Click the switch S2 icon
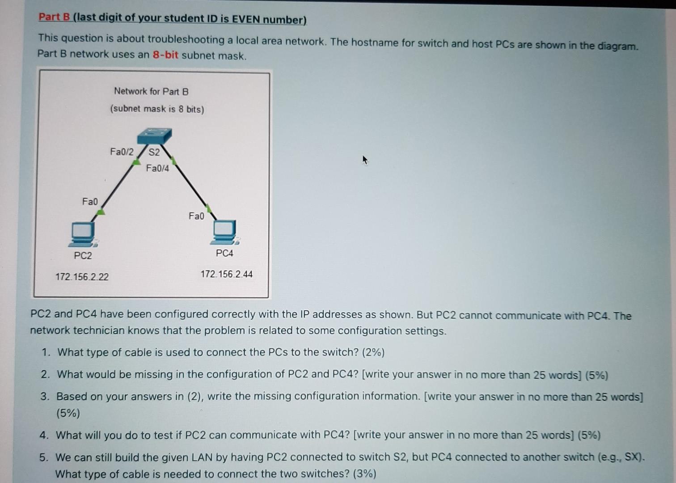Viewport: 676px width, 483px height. point(155,136)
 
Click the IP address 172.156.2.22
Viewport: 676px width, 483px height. point(82,277)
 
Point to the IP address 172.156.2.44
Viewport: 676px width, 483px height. point(226,274)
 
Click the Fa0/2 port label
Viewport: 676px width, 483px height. point(122,152)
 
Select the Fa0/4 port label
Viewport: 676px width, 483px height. point(157,169)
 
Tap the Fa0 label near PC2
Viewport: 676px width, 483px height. point(90,202)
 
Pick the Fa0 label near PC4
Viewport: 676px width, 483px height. point(196,216)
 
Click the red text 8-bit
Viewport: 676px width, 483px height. point(165,55)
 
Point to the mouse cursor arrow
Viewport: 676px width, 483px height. point(365,160)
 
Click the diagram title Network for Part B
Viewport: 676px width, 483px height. point(151,92)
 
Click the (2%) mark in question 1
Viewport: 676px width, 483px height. point(373,353)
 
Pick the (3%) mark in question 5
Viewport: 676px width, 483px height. point(364,474)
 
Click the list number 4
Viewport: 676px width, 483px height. point(43,435)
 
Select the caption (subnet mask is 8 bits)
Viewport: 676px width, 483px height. point(157,109)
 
